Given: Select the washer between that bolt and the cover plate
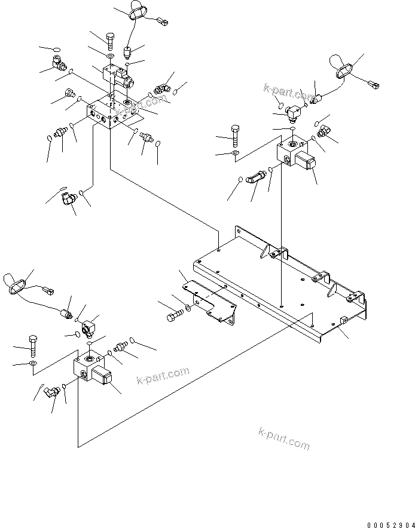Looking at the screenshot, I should tap(189, 308).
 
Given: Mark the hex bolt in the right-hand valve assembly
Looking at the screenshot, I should tap(236, 136).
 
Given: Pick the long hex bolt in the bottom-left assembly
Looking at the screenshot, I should tap(33, 343).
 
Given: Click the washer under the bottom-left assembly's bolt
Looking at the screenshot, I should tap(33, 363).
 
